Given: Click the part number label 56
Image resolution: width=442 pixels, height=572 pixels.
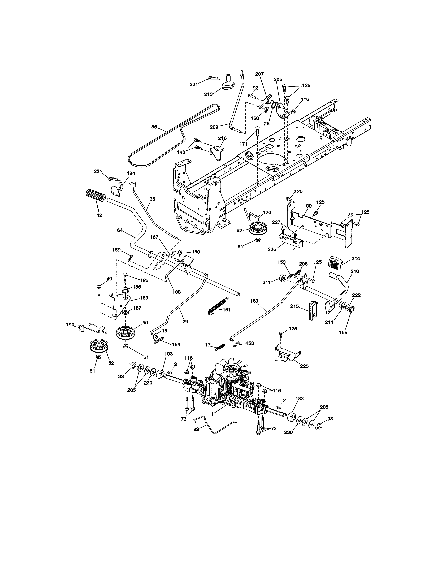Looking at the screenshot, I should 154,127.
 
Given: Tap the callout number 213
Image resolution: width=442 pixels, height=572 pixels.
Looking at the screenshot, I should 208,94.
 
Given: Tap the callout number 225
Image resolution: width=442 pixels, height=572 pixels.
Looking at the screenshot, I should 304,366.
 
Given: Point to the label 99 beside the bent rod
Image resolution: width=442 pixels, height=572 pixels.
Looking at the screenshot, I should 196,429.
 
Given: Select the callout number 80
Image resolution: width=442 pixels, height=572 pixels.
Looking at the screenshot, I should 309,206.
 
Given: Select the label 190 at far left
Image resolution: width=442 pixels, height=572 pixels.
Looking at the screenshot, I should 70,325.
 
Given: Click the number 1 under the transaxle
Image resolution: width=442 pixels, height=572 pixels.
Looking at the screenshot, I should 212,414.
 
